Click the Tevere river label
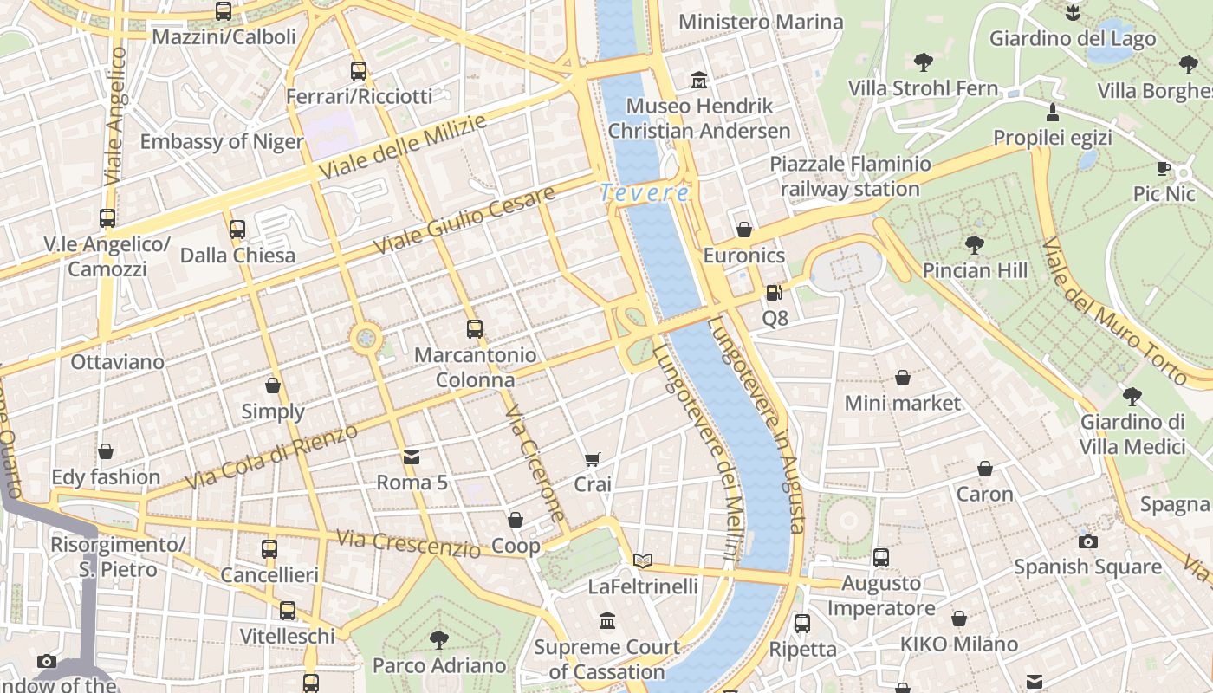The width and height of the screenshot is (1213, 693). point(645,193)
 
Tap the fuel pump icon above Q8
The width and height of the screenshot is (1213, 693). point(775,293)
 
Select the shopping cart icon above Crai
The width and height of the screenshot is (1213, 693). point(593,459)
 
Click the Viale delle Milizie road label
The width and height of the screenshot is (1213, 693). point(403,147)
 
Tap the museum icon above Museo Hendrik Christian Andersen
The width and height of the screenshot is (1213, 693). point(699,81)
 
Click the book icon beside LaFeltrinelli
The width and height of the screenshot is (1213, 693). point(642,561)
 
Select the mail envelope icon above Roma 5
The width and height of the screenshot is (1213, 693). point(412,457)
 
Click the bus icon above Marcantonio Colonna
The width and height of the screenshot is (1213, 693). point(474,329)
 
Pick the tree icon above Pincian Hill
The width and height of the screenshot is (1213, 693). point(975,245)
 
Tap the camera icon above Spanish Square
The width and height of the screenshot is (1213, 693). point(1088,541)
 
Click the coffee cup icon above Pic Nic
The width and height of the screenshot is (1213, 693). point(1164,168)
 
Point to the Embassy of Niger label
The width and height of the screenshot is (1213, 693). point(222,142)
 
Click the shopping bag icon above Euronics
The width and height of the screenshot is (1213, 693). point(743,230)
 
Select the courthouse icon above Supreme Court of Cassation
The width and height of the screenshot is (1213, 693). point(606,621)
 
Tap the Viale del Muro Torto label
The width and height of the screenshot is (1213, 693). point(1113,312)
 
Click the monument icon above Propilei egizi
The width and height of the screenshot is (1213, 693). point(1053,112)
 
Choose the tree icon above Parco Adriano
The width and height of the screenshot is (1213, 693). point(439,640)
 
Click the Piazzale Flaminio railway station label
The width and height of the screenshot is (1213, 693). point(850,176)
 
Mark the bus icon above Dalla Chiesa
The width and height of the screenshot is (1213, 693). point(237,230)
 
